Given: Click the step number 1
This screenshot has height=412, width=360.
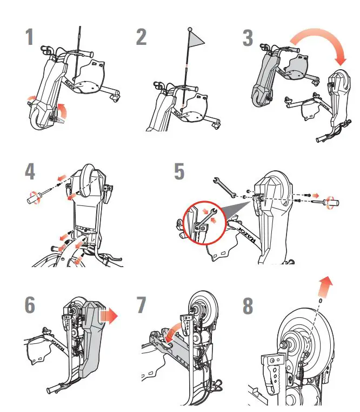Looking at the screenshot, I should coord(29,38).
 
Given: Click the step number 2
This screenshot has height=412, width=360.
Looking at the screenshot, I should coord(142,38).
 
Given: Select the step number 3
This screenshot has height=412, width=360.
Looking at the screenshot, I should coord(248,38).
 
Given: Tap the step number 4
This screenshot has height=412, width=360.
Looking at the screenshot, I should coord(30,171).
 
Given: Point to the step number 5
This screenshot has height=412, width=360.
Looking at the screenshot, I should coord(179,171).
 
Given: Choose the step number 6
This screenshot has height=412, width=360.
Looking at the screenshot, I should coord(30,305).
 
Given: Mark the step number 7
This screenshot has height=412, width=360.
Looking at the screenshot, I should coord(141,305).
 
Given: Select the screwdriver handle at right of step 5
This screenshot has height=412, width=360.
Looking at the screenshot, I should coord(332,204).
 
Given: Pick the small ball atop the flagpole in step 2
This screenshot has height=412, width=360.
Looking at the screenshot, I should coord(190,28).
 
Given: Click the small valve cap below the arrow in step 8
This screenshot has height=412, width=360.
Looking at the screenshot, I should coord(321,301).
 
